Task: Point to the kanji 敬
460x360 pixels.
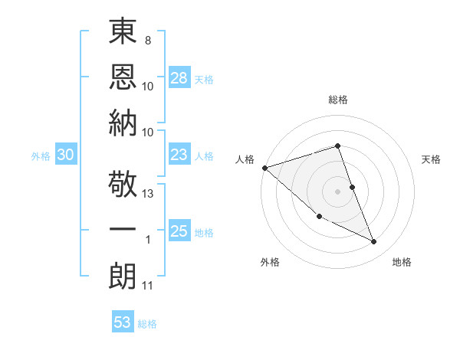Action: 123,184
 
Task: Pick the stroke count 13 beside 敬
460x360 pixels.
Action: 149,194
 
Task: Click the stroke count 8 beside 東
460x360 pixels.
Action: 147,38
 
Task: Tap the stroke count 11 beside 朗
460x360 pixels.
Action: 149,286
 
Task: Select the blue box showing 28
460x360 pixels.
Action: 179,78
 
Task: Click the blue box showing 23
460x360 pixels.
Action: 179,155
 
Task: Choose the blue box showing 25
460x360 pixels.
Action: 179,232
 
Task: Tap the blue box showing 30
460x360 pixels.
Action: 65,155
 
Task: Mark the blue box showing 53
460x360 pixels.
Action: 123,322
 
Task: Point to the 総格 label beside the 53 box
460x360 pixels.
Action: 147,324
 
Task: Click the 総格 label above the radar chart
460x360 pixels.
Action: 337,100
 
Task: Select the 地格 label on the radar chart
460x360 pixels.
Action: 402,263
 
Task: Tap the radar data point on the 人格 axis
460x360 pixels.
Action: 264,168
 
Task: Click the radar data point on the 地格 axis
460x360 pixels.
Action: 374,242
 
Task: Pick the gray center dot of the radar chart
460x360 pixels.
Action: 337,191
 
